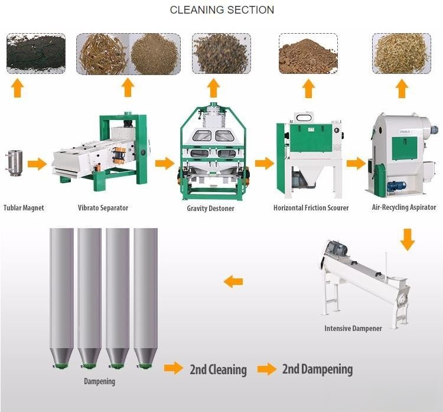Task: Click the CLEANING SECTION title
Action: tap(221, 10)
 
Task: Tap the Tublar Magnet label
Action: tap(24, 207)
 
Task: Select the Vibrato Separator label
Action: tap(103, 208)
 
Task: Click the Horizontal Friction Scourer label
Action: tap(311, 208)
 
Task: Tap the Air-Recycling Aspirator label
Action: tap(404, 207)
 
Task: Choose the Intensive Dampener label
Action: tap(353, 328)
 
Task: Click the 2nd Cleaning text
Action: tap(218, 370)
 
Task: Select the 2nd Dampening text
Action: tap(317, 369)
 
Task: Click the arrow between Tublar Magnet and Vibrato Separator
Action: tap(37, 163)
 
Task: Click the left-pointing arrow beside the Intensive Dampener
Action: tap(233, 281)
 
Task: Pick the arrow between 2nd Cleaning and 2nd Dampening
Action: tap(267, 369)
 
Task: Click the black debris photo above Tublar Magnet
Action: tap(35, 53)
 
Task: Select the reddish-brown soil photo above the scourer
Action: tap(308, 53)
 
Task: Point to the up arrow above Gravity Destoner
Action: tap(213, 89)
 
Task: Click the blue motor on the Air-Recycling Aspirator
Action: tap(393, 186)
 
